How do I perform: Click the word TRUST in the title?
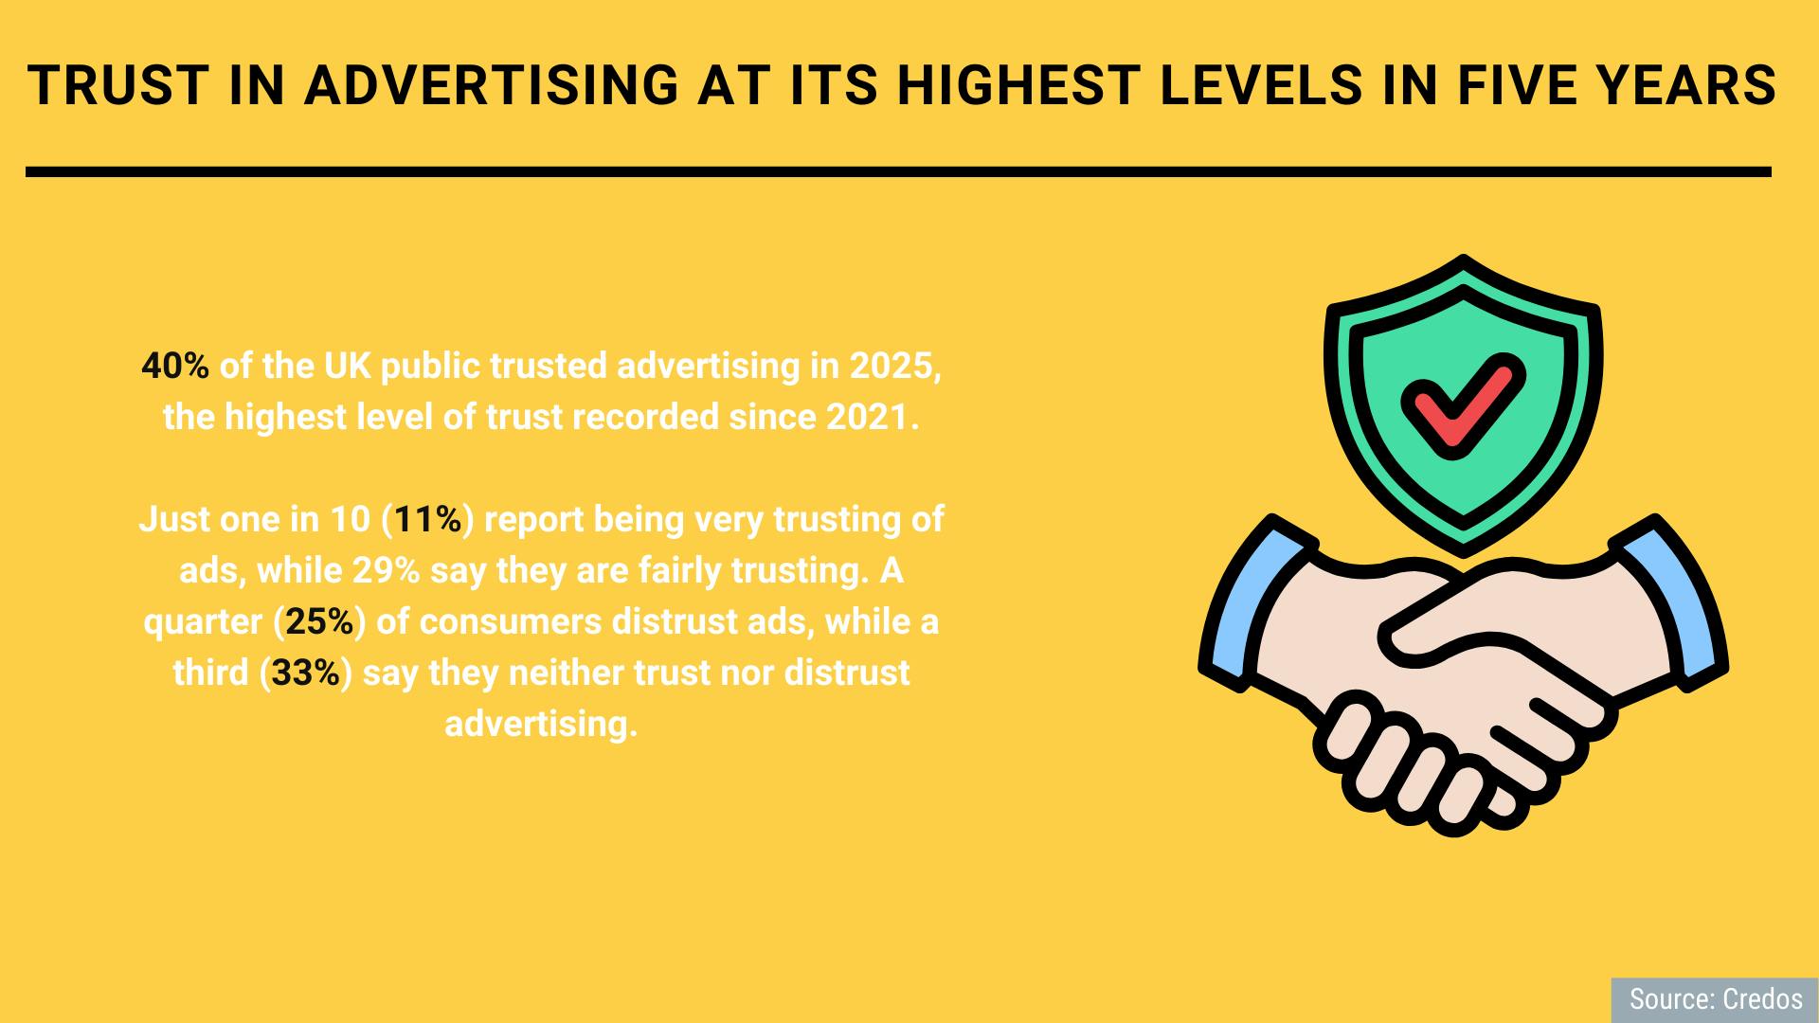click(117, 86)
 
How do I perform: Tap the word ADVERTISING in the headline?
click(491, 86)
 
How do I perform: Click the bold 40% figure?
click(175, 367)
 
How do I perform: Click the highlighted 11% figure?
click(428, 519)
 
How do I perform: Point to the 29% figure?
click(387, 570)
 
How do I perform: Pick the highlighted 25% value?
click(320, 621)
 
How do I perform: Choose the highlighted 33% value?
click(306, 673)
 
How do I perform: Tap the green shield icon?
click(1464, 405)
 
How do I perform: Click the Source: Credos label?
click(1716, 999)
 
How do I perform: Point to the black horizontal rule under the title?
click(898, 172)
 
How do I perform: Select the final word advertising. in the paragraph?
click(541, 724)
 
